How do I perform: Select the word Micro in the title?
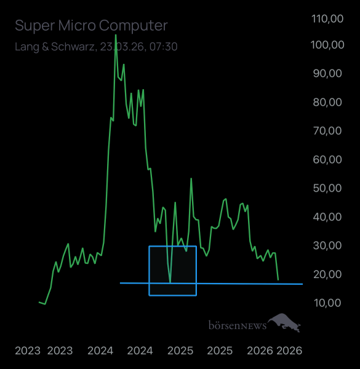tap(81, 26)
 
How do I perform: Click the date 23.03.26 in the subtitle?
tap(122, 46)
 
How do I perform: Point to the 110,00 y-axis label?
tap(328, 19)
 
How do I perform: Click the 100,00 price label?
tap(328, 45)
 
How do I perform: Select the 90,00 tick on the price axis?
tap(328, 73)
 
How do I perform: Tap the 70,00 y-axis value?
tap(328, 130)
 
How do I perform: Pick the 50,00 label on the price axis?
tap(328, 188)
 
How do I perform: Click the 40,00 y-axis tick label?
tap(328, 216)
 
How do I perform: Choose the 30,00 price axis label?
tap(328, 245)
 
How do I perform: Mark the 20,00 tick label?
tap(328, 274)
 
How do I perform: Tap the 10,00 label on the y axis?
tap(328, 303)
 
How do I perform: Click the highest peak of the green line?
tap(116, 53)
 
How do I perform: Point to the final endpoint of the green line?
tap(278, 280)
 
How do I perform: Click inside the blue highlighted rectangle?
tap(172, 271)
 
